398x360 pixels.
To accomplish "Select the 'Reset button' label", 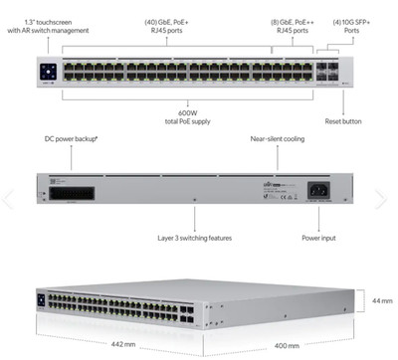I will click(343, 120).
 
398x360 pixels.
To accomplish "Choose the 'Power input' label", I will click(320, 238).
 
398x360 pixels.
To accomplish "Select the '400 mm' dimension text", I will click(288, 345).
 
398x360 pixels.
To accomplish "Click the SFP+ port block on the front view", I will click(325, 73).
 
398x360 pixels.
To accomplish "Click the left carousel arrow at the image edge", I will click(7, 198).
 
